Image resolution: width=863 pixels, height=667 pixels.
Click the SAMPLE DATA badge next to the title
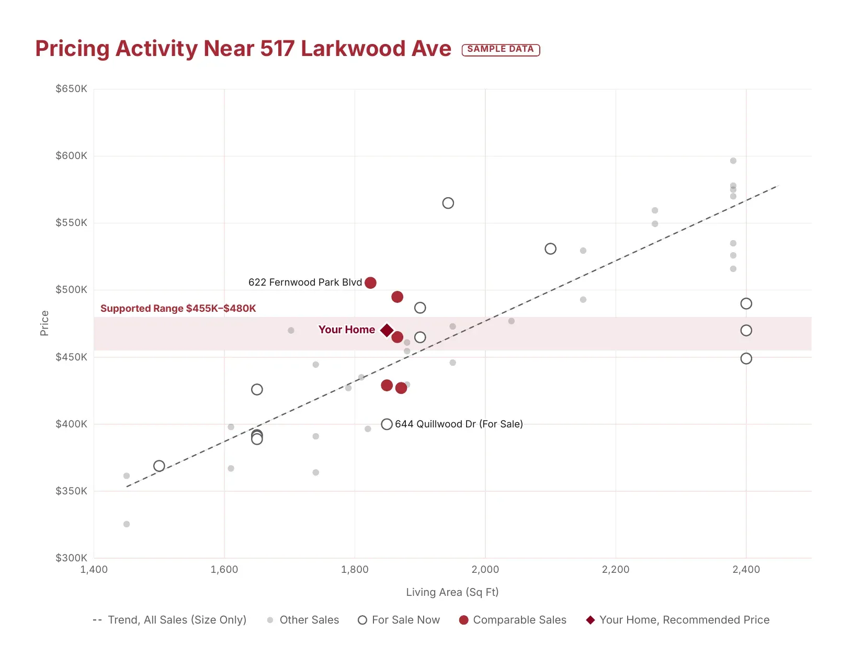point(501,49)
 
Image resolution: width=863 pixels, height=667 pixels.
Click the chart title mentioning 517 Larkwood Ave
point(243,49)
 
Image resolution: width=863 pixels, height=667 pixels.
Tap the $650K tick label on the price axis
point(71,88)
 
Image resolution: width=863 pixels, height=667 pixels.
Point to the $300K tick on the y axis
point(71,558)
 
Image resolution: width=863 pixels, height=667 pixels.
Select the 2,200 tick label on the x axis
point(616,569)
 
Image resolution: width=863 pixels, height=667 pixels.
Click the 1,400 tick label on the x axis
point(94,569)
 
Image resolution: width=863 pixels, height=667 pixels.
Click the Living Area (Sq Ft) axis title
point(452,592)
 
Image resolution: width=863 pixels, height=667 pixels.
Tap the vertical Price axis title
point(44,323)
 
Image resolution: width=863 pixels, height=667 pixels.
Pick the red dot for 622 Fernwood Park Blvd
point(370,282)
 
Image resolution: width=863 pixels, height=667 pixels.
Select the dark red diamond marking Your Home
point(387,330)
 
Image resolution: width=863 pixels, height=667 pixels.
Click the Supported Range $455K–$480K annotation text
point(178,308)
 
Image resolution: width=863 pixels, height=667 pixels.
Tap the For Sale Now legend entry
point(399,620)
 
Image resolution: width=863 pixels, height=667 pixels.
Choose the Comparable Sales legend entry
point(513,620)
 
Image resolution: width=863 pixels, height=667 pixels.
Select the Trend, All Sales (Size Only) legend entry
point(169,620)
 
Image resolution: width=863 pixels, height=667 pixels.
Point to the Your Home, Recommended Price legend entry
point(677,620)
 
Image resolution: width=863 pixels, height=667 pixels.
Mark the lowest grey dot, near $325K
point(126,524)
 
